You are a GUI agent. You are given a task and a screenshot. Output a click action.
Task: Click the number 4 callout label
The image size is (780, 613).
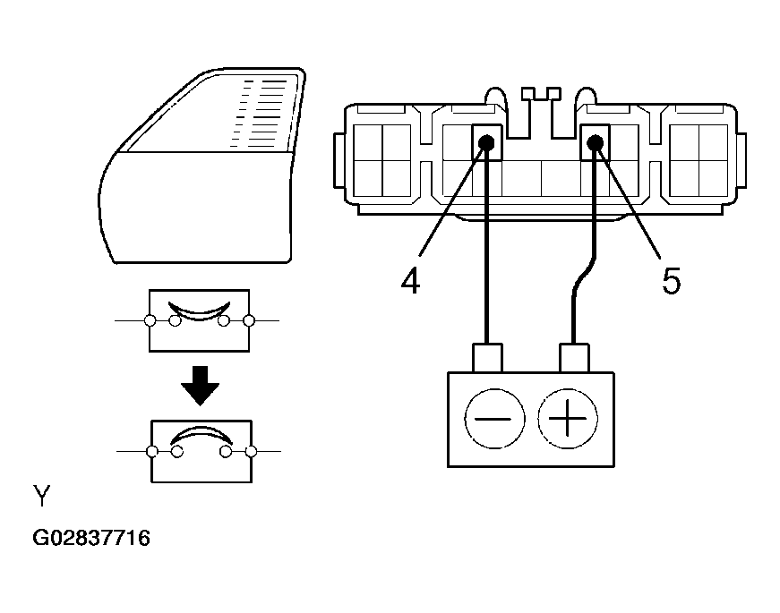point(410,281)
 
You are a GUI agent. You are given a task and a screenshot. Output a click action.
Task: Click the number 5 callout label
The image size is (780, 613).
point(671,281)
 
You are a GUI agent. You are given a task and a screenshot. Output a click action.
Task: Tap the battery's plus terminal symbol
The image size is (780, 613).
point(567,419)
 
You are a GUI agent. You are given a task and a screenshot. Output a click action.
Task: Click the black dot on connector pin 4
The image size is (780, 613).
point(486,142)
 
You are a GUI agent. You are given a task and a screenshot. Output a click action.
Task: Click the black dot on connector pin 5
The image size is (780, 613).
point(594,140)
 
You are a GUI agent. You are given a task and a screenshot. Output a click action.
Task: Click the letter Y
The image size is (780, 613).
point(42,497)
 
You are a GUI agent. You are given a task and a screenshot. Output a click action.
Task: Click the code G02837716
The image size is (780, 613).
point(91,539)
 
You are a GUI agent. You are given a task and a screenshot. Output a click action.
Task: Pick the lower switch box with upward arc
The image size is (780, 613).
point(201,450)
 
